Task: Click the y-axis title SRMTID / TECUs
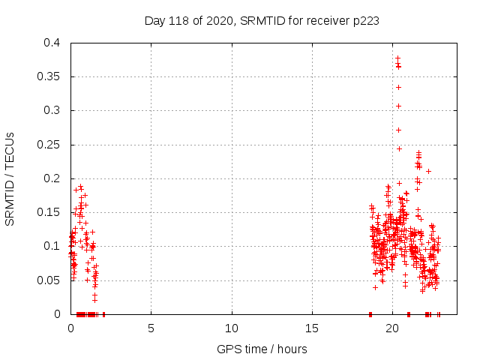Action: click(x=10, y=178)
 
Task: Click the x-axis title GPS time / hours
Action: click(x=262, y=349)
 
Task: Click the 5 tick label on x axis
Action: click(x=151, y=328)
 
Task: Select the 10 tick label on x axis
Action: click(x=232, y=328)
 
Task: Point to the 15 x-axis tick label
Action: click(x=312, y=328)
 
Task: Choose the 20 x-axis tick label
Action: click(x=392, y=328)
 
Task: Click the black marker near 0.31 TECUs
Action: click(x=398, y=106)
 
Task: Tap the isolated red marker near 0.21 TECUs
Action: click(x=428, y=171)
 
